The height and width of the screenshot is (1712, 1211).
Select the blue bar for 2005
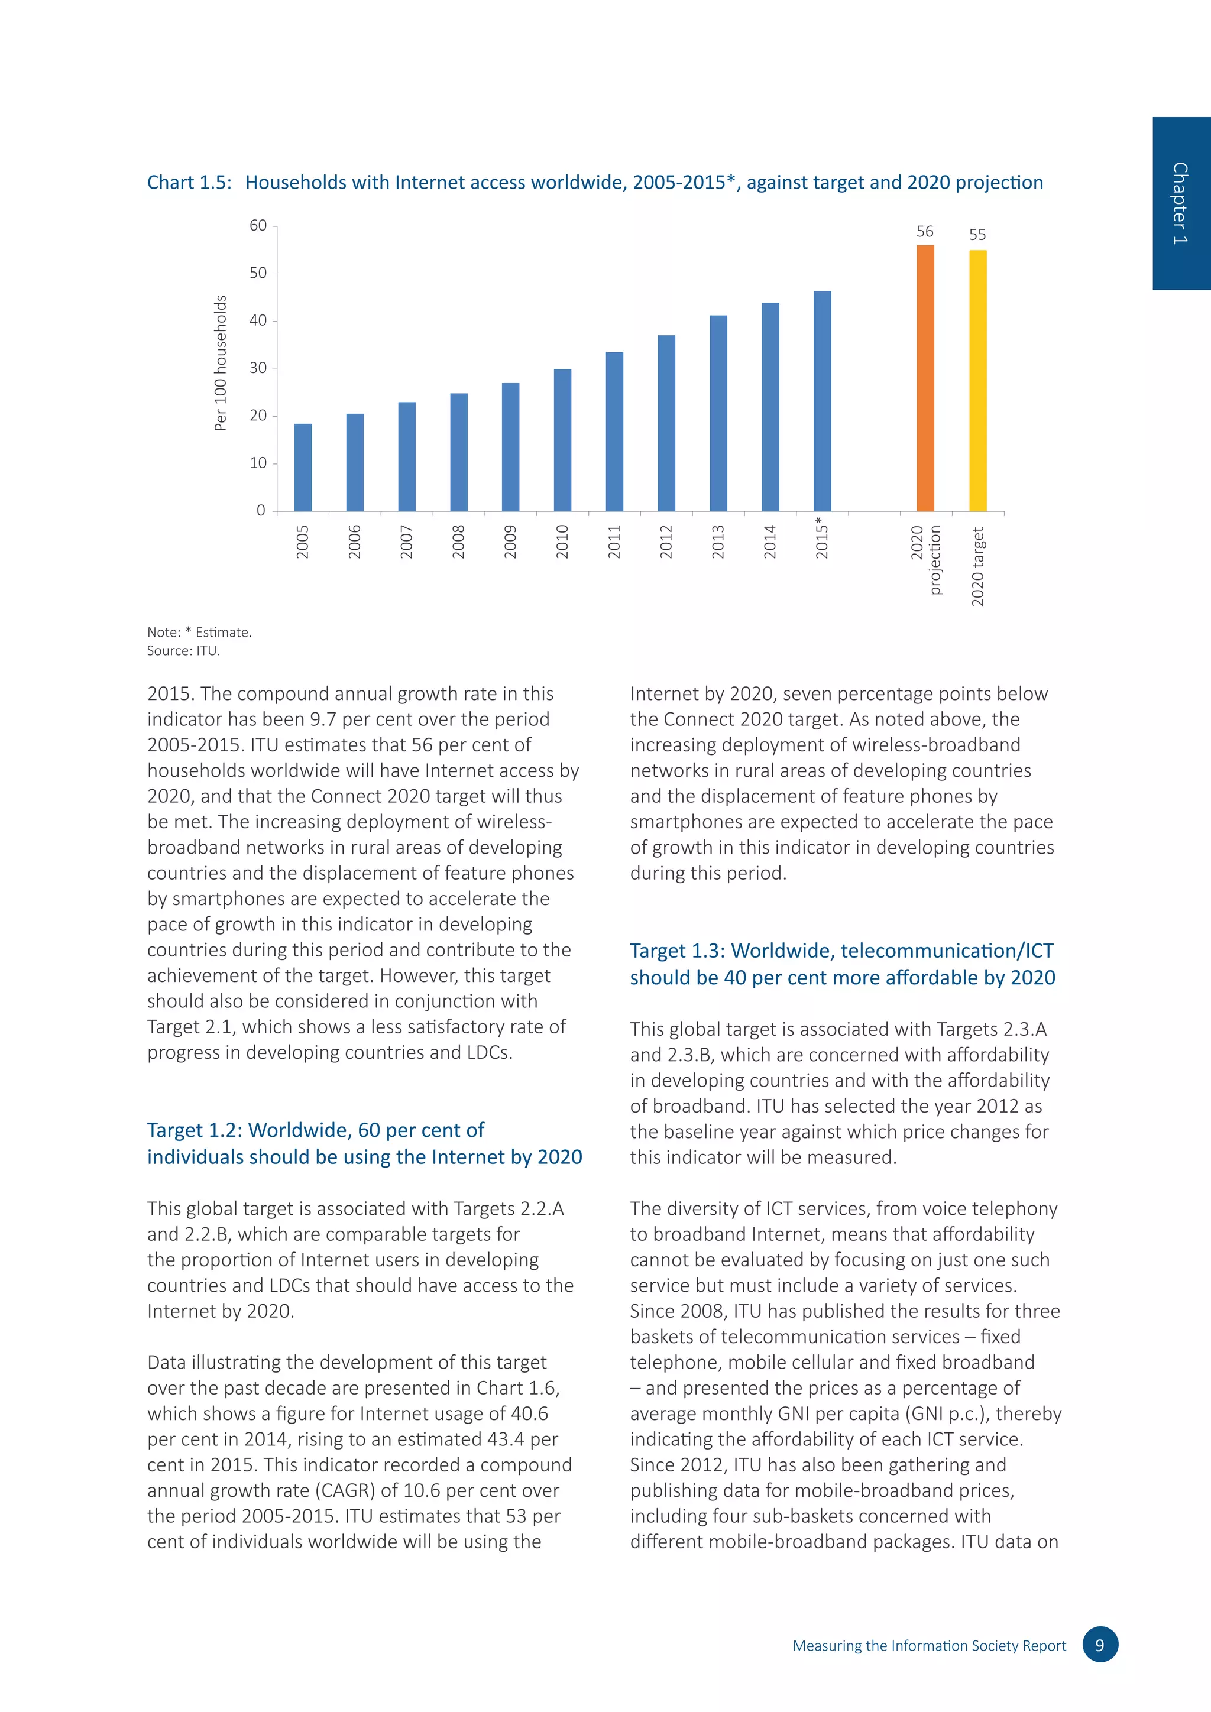[303, 468]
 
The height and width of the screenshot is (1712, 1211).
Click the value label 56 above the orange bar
[925, 232]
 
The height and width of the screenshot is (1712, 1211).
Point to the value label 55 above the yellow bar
[977, 235]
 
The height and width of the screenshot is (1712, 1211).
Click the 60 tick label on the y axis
[258, 225]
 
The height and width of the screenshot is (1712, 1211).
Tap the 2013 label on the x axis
[718, 542]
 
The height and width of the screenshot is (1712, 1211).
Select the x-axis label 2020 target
[977, 567]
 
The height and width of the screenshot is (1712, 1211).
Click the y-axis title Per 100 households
[220, 363]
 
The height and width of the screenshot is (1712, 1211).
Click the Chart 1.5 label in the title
[189, 183]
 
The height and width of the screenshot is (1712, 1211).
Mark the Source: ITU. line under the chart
[183, 651]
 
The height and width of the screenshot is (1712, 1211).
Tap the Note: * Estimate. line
[199, 633]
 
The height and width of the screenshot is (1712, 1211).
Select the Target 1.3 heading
[842, 964]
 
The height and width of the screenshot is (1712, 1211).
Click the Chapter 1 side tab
[1180, 203]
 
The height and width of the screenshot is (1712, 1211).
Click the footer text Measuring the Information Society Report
[929, 1646]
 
